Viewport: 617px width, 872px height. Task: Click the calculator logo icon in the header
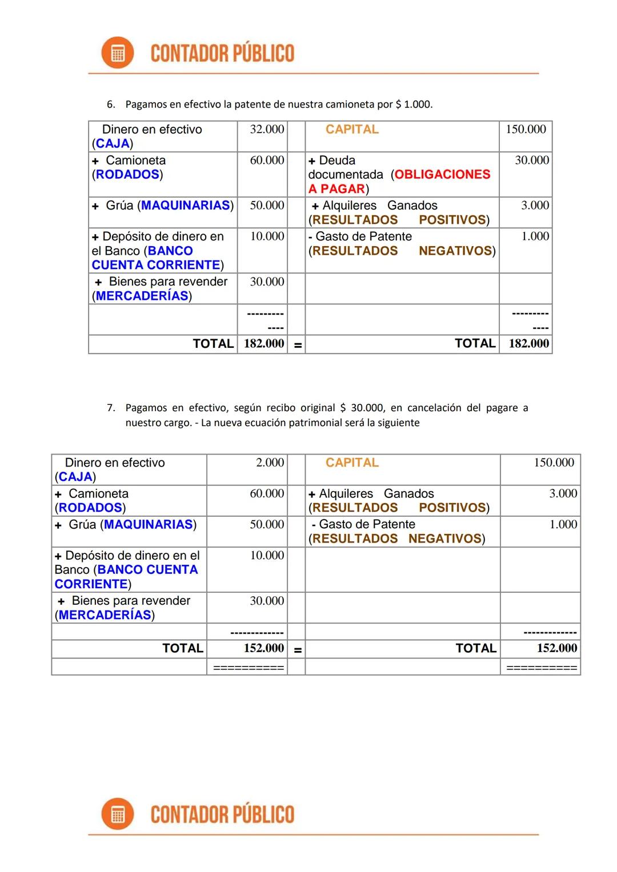click(117, 53)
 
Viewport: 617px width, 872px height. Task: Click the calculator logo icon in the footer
click(117, 814)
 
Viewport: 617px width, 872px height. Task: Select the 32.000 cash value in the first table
click(267, 130)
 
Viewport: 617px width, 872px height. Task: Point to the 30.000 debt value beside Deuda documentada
click(531, 160)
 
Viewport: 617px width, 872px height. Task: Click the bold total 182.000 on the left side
click(264, 344)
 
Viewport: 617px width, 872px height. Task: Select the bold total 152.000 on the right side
click(556, 648)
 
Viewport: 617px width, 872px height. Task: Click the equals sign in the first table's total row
click(298, 345)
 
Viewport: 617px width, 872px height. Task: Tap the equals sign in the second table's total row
click(298, 649)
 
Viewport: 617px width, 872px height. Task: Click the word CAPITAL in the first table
click(352, 130)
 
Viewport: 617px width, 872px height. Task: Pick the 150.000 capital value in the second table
click(554, 463)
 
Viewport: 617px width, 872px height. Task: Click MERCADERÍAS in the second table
click(105, 615)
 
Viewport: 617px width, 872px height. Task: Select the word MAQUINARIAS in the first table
click(186, 206)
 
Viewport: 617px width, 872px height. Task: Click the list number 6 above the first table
click(111, 105)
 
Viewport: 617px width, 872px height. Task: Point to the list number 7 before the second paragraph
click(111, 408)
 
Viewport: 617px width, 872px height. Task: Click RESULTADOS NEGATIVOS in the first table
click(402, 251)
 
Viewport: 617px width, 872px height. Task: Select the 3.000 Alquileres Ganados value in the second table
click(563, 493)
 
